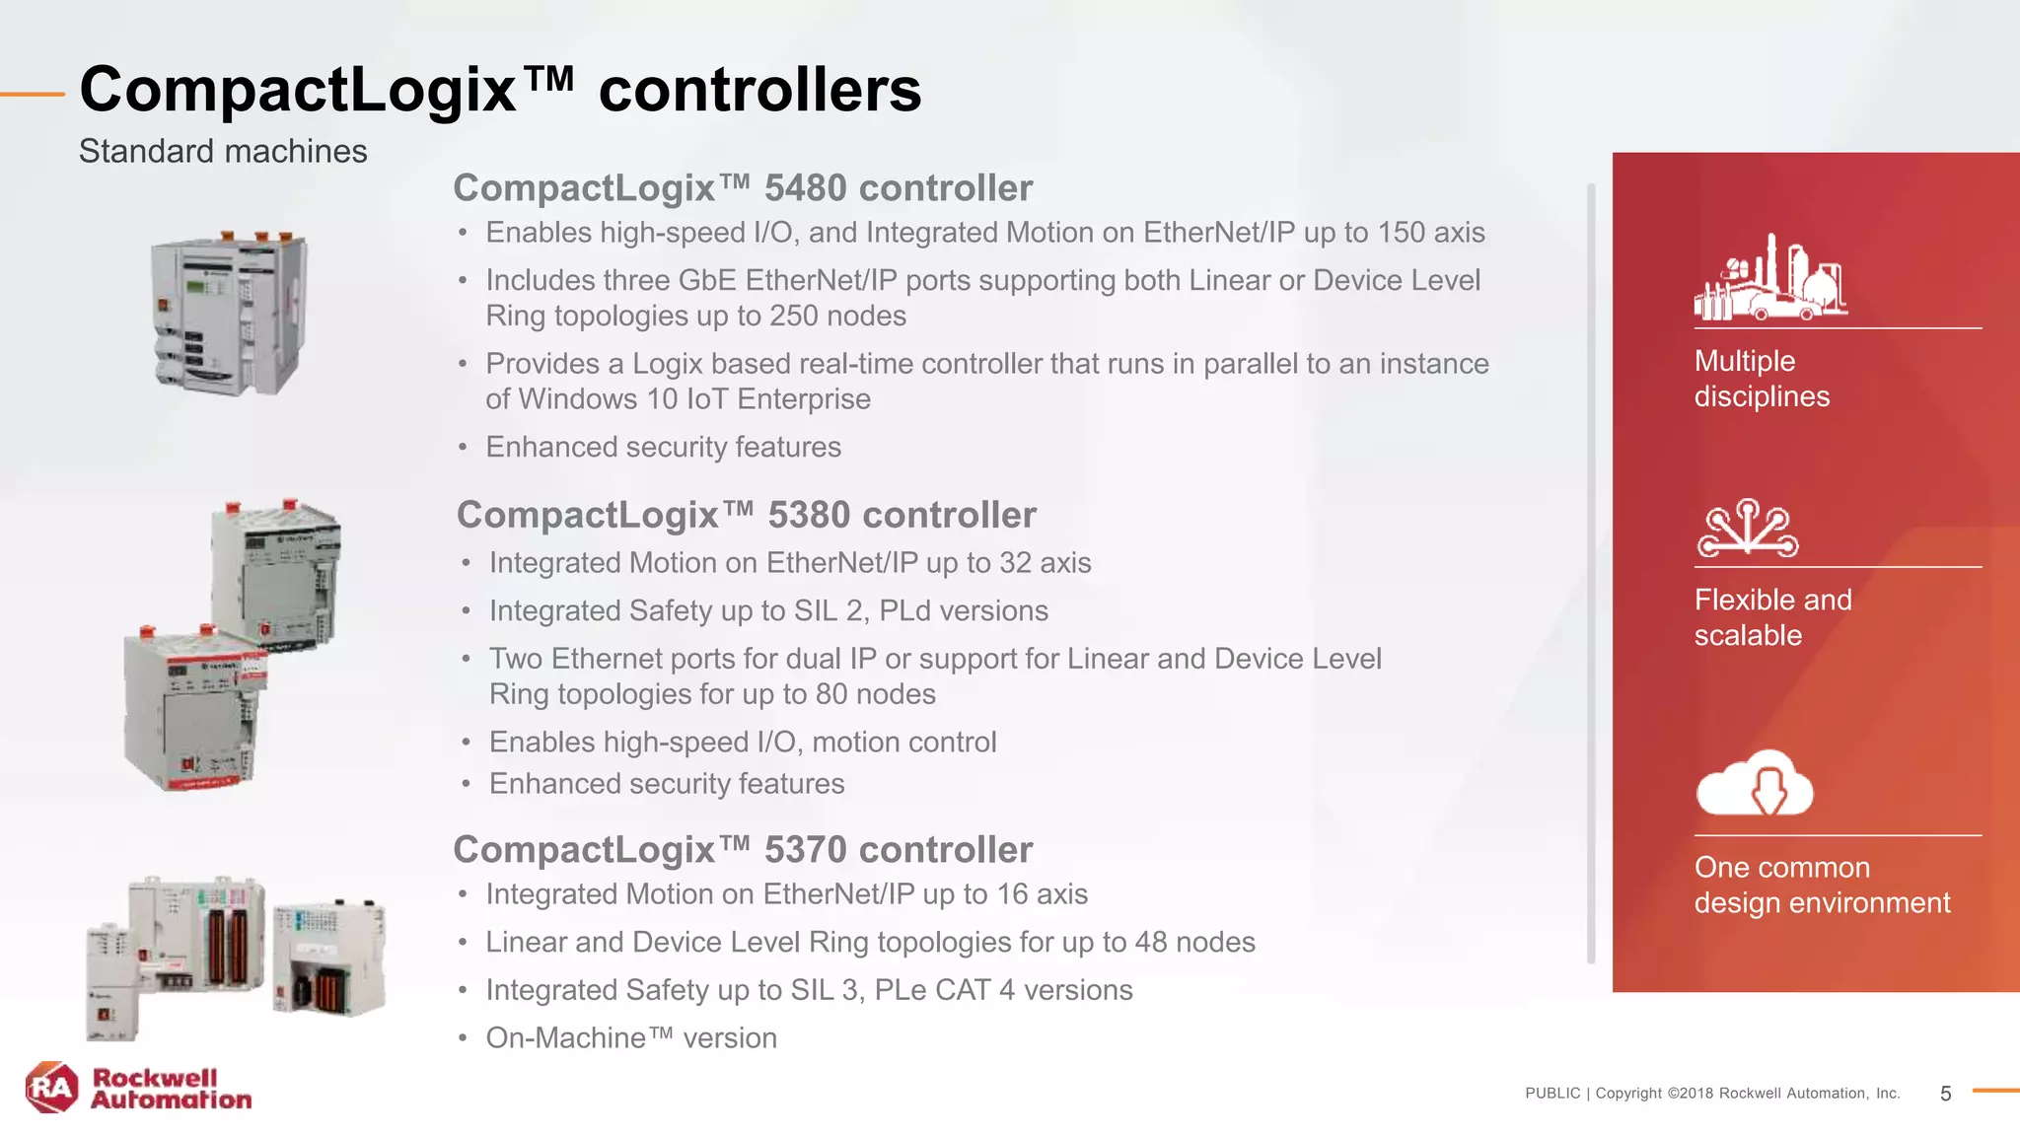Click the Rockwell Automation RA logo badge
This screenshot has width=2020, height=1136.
tap(52, 1088)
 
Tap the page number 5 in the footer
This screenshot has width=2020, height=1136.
tap(1945, 1094)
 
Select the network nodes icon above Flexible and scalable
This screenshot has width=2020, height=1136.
tap(1748, 528)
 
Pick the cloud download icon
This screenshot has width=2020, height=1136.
tap(1755, 783)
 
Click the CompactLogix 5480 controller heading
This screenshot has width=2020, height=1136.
tap(743, 188)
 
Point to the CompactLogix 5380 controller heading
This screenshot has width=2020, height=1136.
tap(747, 515)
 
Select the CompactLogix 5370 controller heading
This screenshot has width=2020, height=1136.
tap(743, 850)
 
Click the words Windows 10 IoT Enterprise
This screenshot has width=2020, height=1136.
tap(694, 399)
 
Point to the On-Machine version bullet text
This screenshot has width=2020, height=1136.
tap(631, 1038)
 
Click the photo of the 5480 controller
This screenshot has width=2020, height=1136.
tap(229, 314)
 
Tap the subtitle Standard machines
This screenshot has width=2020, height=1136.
tap(223, 152)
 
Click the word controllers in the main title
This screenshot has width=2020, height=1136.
tap(759, 90)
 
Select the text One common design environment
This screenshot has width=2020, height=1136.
tap(1822, 886)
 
